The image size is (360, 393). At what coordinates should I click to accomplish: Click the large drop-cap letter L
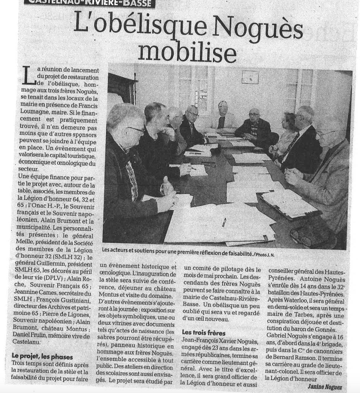pyautogui.click(x=29, y=75)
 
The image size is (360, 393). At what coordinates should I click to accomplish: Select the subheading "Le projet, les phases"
pyautogui.click(x=42, y=357)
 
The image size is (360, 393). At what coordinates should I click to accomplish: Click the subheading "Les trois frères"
pyautogui.click(x=204, y=332)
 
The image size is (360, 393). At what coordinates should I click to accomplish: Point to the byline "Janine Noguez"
pyautogui.click(x=324, y=387)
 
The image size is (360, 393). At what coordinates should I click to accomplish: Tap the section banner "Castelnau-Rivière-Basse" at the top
pyautogui.click(x=88, y=3)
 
